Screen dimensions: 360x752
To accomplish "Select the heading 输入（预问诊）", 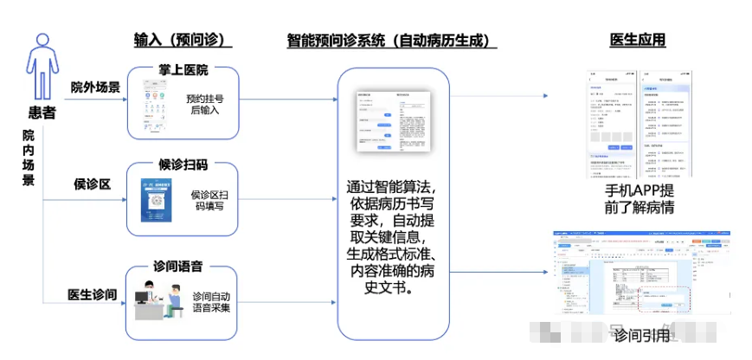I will (183, 42).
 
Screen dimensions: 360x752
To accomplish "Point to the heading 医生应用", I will (638, 41).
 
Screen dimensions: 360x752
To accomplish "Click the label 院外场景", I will (94, 87).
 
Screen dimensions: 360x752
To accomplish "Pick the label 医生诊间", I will (93, 294).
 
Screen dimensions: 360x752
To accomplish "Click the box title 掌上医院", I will (183, 68).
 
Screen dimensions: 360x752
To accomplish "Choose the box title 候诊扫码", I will (183, 164).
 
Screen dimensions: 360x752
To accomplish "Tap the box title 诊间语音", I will (183, 264).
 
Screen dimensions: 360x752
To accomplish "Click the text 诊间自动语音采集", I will (208, 302).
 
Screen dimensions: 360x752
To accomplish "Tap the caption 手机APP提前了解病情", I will (640, 198).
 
